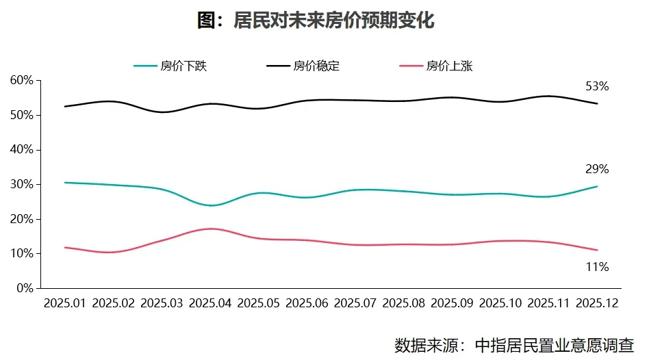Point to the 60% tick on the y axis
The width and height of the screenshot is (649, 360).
pyautogui.click(x=22, y=80)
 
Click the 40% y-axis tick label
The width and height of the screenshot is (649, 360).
pyautogui.click(x=22, y=149)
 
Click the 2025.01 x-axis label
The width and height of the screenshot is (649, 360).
pyautogui.click(x=65, y=303)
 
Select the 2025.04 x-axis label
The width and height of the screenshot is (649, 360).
pyautogui.click(x=210, y=303)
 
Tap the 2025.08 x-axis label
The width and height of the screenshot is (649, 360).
pyautogui.click(x=404, y=303)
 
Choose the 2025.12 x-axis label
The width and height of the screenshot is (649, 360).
pyautogui.click(x=597, y=303)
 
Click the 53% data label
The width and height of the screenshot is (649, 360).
pyautogui.click(x=597, y=87)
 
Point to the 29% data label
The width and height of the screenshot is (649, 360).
pyautogui.click(x=597, y=169)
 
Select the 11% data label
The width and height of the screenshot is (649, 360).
pyautogui.click(x=597, y=267)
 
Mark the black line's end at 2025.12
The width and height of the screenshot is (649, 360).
pyautogui.click(x=597, y=103)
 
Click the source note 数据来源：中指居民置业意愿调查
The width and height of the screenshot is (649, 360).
pyautogui.click(x=514, y=344)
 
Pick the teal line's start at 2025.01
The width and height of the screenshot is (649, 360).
pyautogui.click(x=65, y=182)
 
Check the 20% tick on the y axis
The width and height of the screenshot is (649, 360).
pyautogui.click(x=22, y=219)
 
